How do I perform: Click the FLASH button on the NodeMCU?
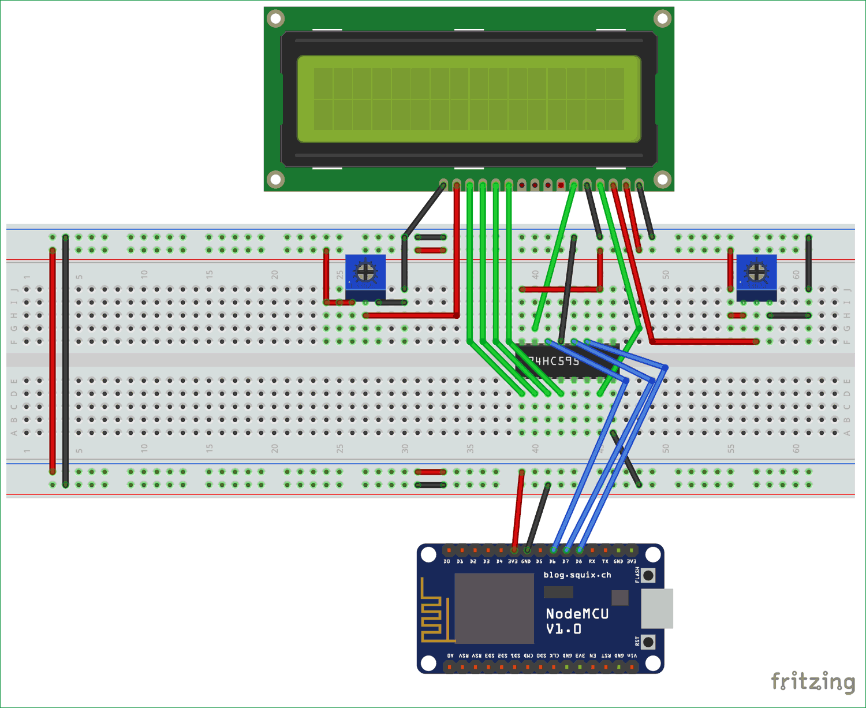click(x=648, y=575)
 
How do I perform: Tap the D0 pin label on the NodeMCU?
click(x=447, y=561)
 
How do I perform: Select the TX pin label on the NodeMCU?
click(x=605, y=561)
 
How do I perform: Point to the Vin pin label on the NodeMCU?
click(x=632, y=656)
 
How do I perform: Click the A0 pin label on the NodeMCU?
click(x=450, y=656)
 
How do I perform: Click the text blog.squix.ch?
click(x=577, y=575)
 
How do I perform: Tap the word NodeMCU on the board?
click(x=577, y=614)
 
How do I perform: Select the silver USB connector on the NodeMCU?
click(x=657, y=609)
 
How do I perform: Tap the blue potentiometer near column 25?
click(x=365, y=276)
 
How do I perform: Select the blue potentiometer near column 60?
click(x=756, y=276)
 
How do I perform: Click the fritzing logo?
click(x=813, y=681)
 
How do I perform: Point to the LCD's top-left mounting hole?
click(x=276, y=18)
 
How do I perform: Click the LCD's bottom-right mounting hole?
click(x=662, y=180)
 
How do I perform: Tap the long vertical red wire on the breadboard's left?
click(x=53, y=361)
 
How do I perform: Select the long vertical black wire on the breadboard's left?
click(x=65, y=361)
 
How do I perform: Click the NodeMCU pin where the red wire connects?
click(x=514, y=550)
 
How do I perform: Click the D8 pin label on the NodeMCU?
click(x=578, y=561)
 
